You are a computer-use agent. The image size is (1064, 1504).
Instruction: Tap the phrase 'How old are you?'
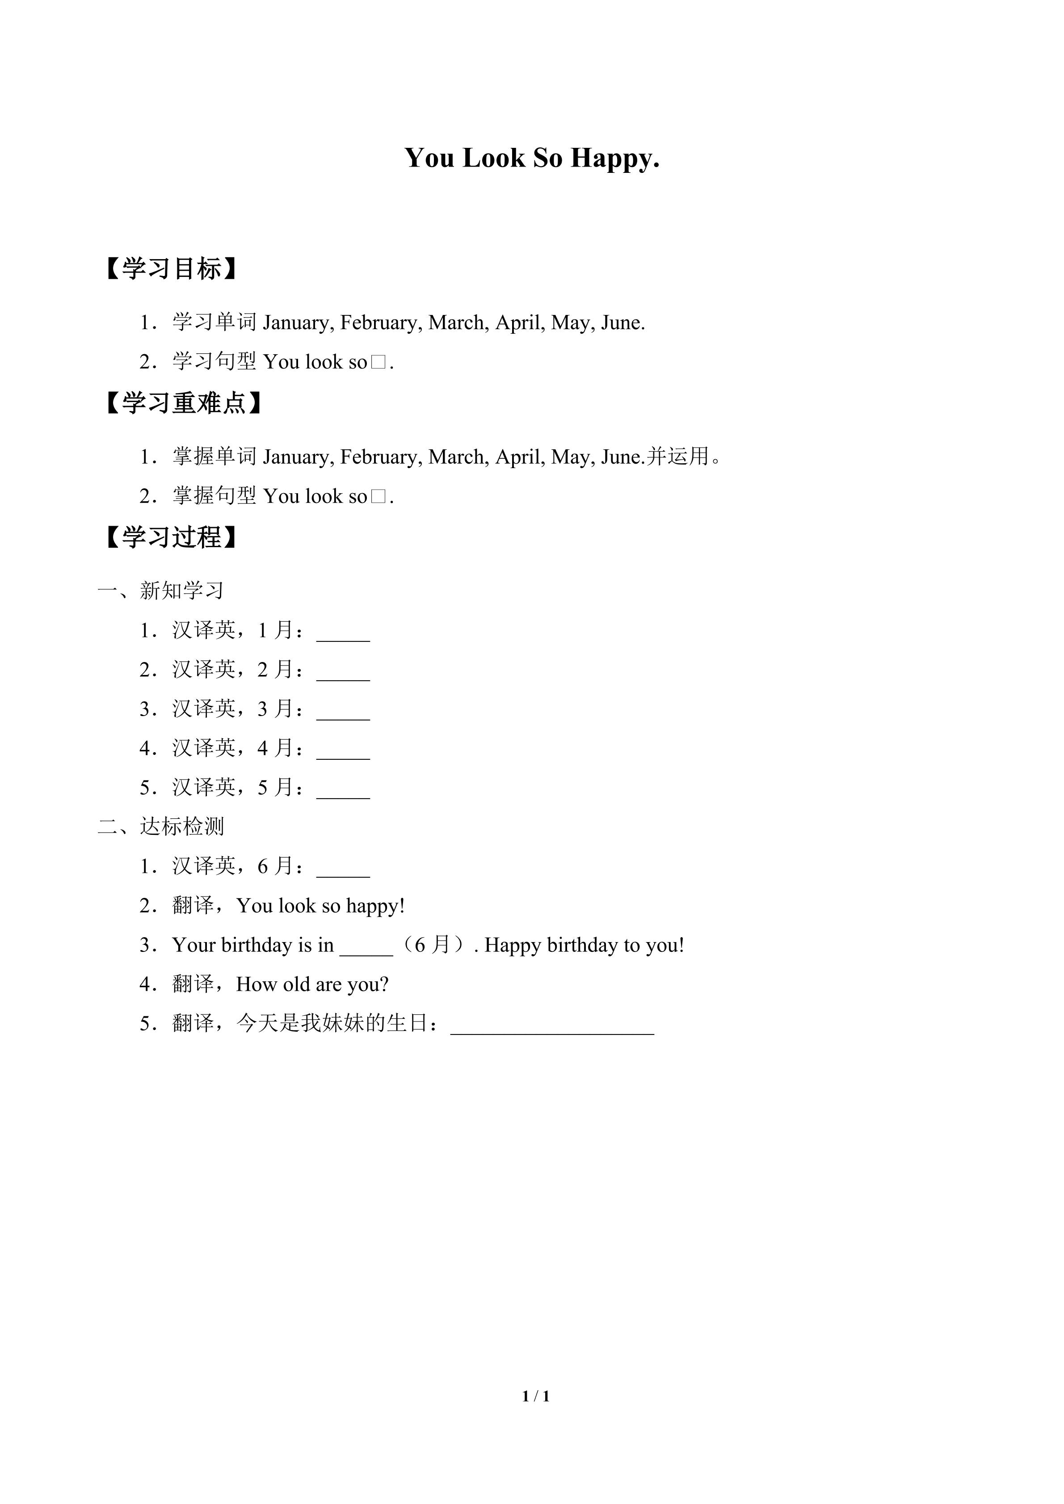[x=312, y=984]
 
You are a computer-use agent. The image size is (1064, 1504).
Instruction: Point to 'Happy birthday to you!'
[x=584, y=945]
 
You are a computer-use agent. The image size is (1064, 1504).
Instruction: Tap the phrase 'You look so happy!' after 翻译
[x=320, y=905]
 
